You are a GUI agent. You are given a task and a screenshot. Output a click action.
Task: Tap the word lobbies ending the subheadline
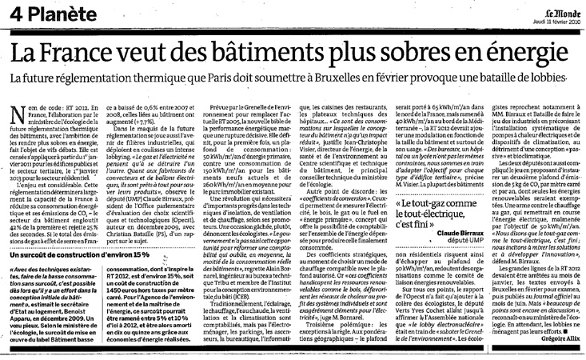[556, 82]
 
